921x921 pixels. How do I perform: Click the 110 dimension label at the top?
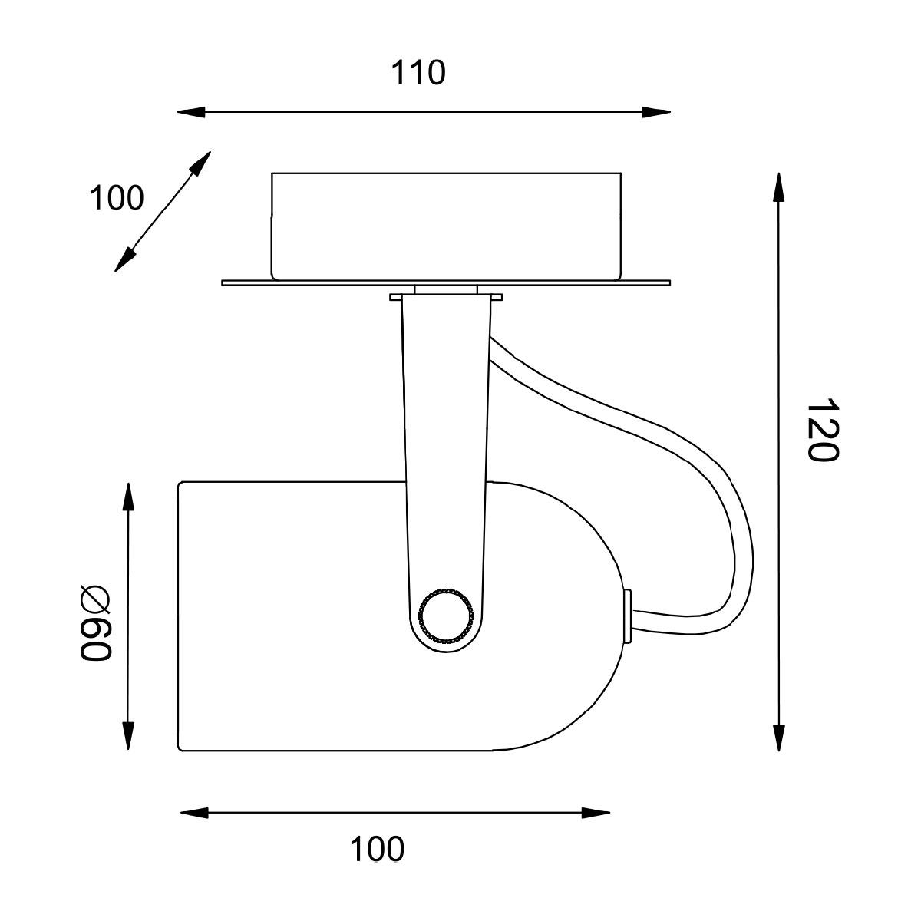click(x=418, y=73)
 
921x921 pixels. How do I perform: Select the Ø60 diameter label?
click(x=96, y=622)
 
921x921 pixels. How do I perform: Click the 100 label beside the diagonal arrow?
click(x=117, y=198)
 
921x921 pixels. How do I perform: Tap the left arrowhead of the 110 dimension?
click(x=191, y=112)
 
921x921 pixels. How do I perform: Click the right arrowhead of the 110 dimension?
click(x=656, y=112)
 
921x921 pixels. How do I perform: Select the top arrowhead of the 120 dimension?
click(x=779, y=187)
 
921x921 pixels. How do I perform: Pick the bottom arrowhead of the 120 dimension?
click(x=779, y=738)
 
